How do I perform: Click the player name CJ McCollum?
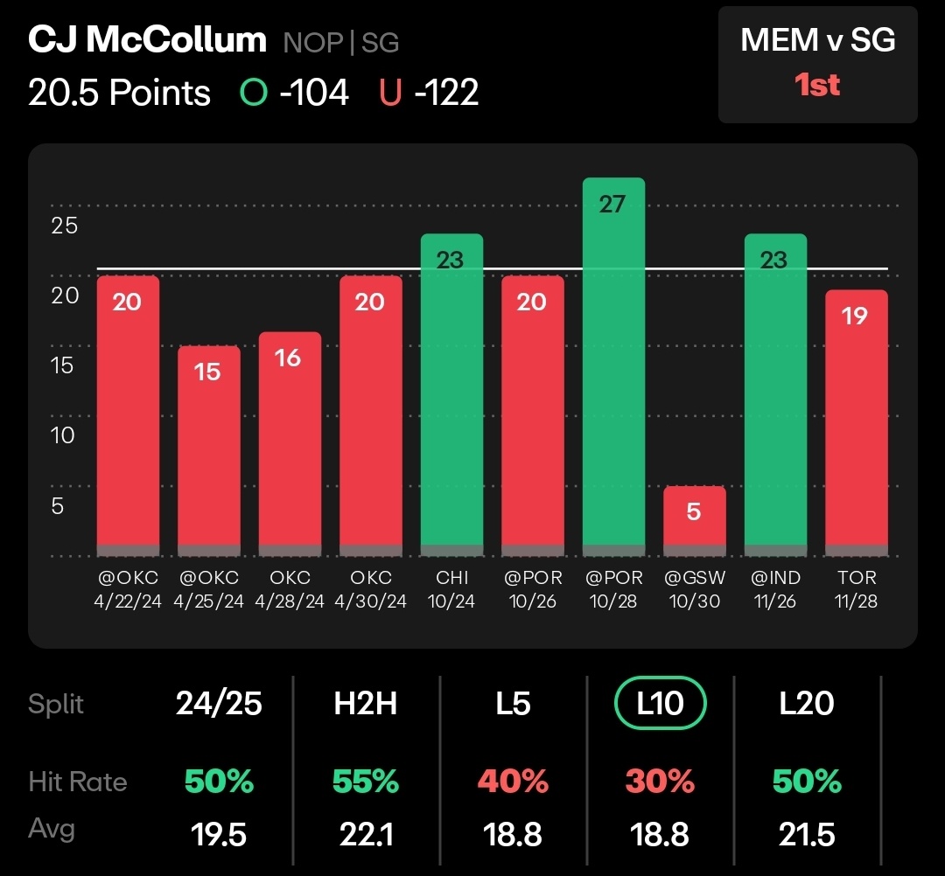[x=147, y=41]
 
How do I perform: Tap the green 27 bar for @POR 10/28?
[x=613, y=367]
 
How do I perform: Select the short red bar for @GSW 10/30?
[x=694, y=520]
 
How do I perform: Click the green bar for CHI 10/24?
[x=451, y=393]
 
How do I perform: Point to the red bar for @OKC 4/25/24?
[x=207, y=450]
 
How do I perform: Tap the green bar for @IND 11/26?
[x=775, y=393]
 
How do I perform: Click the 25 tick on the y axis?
[x=64, y=226]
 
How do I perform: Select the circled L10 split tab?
[x=661, y=704]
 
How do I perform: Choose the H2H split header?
[x=366, y=704]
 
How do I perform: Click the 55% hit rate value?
[x=366, y=781]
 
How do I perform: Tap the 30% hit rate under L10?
[x=661, y=781]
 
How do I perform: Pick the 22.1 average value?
[x=366, y=835]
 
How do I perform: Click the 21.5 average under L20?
[x=808, y=835]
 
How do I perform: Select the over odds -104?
[x=314, y=93]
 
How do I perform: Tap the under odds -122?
[x=446, y=93]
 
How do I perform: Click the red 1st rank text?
[x=817, y=86]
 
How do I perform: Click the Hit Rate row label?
[x=78, y=781]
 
